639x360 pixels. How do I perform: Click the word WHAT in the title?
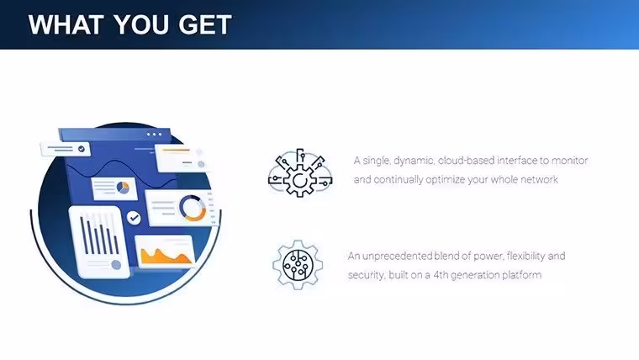click(66, 24)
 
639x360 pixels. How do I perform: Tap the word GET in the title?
click(205, 24)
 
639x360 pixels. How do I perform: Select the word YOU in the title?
click(140, 24)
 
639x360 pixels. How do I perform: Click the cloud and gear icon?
click(300, 173)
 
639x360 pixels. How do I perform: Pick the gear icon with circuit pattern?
click(298, 265)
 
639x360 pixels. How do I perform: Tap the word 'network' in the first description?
click(539, 179)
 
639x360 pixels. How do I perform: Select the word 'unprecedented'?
click(397, 256)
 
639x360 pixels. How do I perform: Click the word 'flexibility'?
click(525, 256)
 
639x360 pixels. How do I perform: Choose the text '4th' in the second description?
click(440, 275)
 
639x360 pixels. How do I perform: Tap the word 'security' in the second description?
click(366, 275)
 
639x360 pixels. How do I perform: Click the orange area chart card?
click(165, 251)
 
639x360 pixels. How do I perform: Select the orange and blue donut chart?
click(193, 209)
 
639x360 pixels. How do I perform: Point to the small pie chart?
click(123, 188)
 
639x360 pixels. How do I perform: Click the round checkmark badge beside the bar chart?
click(134, 218)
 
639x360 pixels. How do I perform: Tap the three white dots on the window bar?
click(154, 134)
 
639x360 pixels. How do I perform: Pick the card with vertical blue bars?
click(100, 242)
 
